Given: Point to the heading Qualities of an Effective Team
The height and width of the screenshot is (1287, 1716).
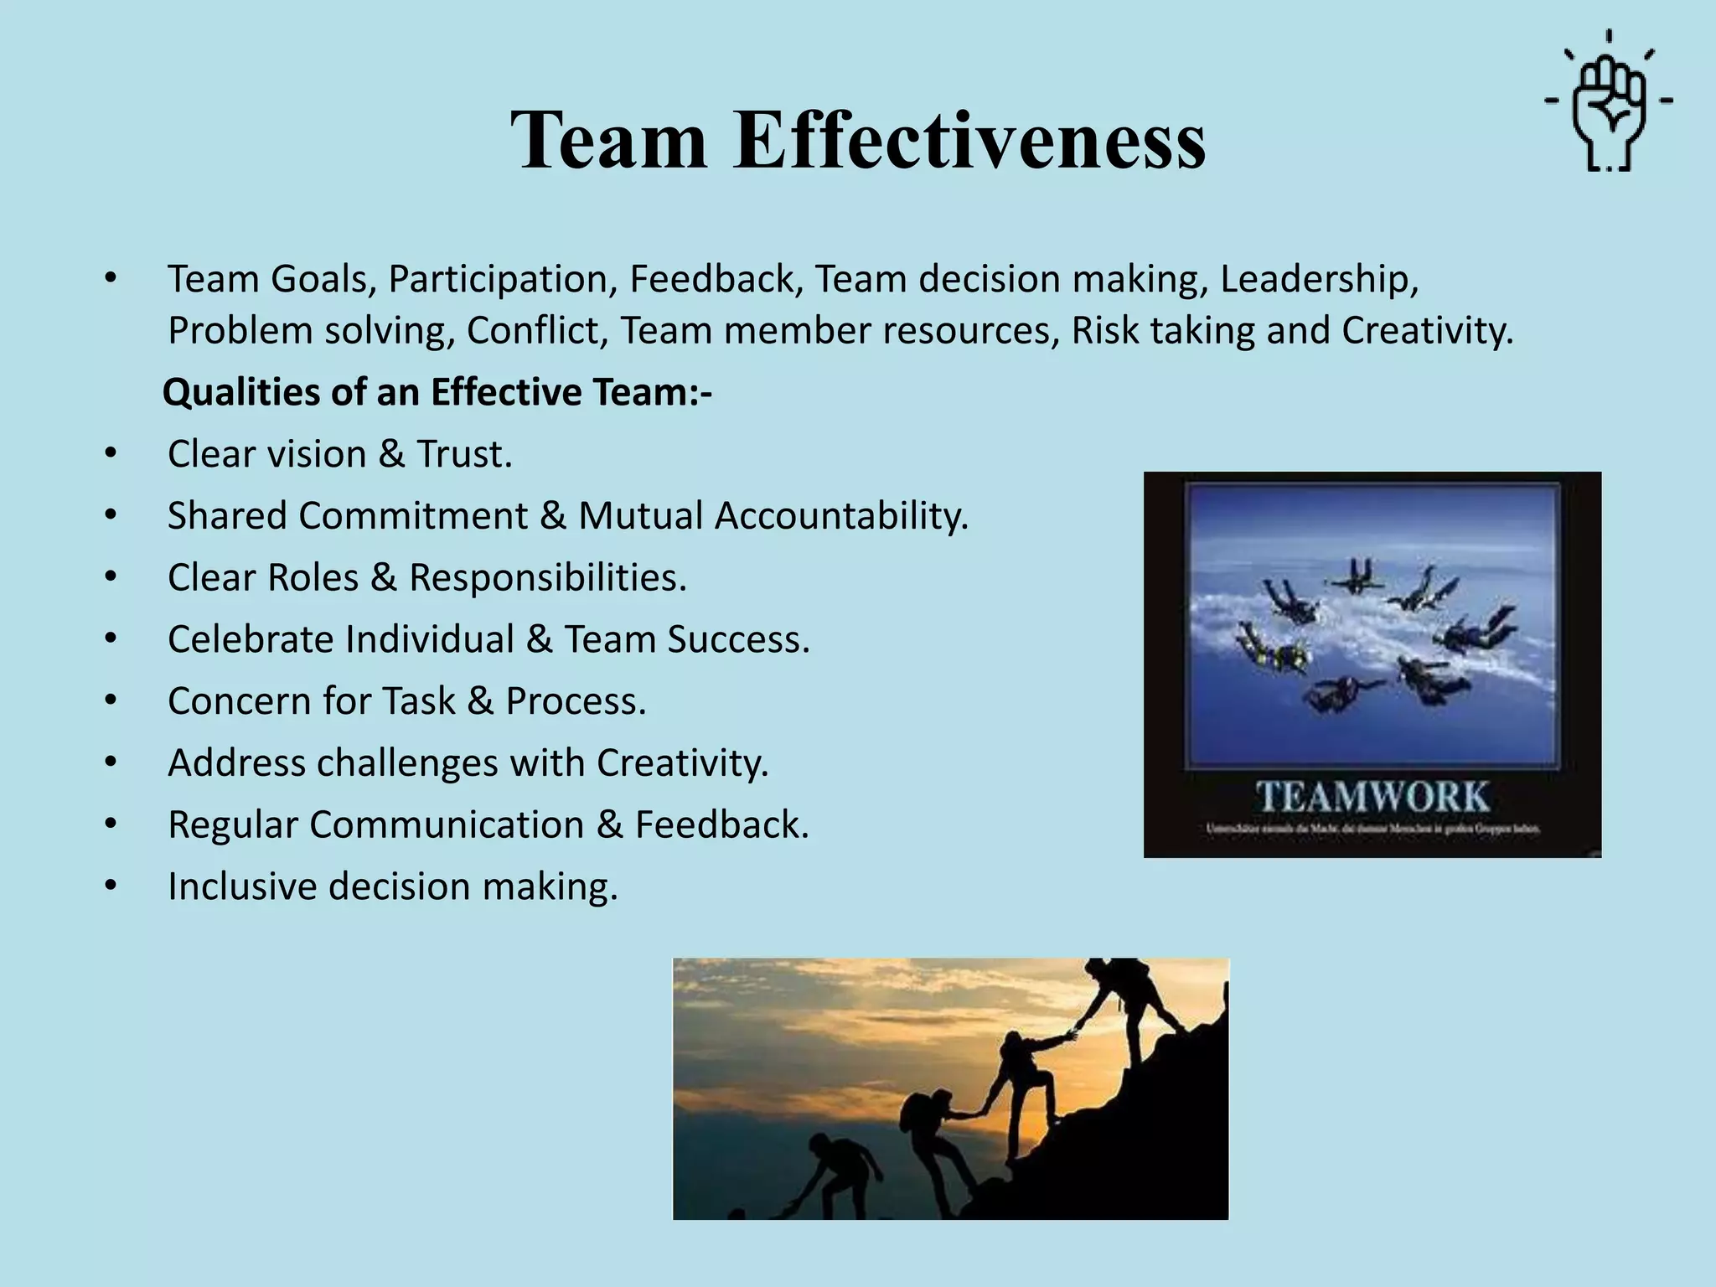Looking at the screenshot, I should pos(437,392).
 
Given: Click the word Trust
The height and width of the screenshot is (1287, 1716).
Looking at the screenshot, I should pos(464,454).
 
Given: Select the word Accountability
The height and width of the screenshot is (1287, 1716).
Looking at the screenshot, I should pos(841,515).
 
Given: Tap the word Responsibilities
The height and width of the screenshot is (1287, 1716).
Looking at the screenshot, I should pos(547,577).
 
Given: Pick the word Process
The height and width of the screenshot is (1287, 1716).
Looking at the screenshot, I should pos(576,701).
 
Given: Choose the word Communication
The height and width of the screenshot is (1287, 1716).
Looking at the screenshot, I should pos(447,824).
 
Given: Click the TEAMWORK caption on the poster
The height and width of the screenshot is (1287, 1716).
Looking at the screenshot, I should pos(1372,796).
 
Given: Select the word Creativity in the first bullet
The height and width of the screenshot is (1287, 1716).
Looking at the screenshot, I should pos(1427,330).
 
